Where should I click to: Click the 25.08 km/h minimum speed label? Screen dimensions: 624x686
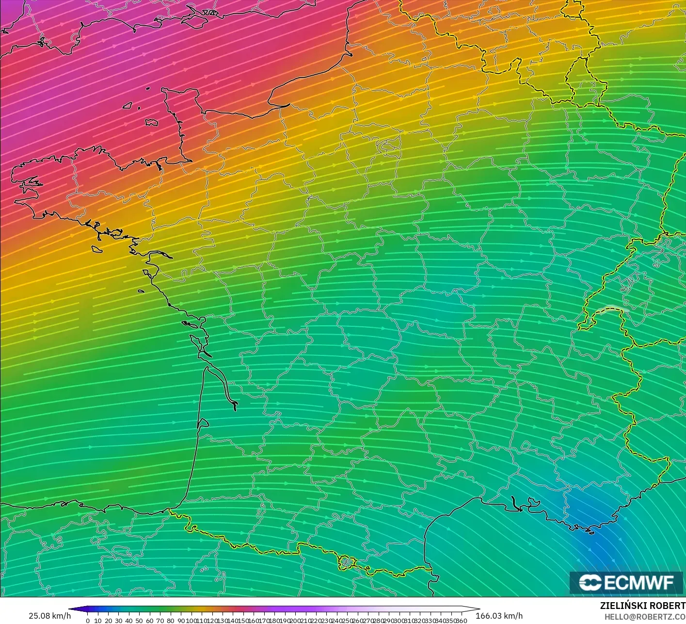[49, 616]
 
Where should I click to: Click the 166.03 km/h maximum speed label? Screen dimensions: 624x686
[499, 616]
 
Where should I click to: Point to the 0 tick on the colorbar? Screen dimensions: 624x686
[88, 621]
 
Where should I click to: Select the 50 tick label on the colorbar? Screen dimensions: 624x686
[139, 621]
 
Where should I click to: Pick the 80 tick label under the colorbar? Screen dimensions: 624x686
[170, 621]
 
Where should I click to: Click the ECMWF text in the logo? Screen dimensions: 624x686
[638, 582]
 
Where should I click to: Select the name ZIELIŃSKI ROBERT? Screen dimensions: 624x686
[642, 606]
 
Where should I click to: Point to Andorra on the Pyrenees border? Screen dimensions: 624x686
[346, 562]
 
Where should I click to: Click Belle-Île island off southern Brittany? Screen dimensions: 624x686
[97, 249]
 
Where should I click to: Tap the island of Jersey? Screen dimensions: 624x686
[152, 123]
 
